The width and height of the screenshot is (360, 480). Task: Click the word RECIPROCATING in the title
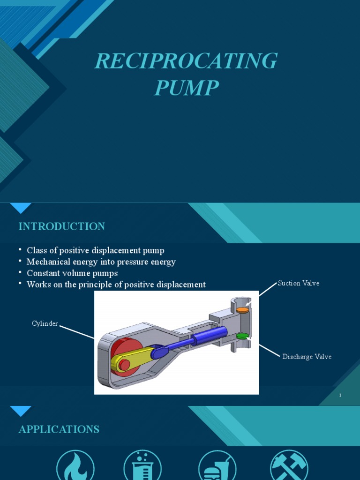(x=186, y=61)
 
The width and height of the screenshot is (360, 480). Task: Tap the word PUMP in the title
(x=186, y=88)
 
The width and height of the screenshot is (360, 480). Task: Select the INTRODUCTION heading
(x=61, y=226)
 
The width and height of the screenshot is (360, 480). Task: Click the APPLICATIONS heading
(x=59, y=429)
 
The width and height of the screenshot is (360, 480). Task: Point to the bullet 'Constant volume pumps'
(x=72, y=273)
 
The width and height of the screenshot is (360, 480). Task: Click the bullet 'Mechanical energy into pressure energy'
(x=101, y=262)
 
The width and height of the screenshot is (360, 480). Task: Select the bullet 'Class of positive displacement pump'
(x=95, y=250)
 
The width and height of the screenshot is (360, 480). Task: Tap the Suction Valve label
(x=298, y=283)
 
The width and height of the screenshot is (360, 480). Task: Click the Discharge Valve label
(x=307, y=357)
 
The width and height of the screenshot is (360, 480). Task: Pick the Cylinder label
(x=45, y=323)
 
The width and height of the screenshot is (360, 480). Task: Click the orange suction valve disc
(x=242, y=310)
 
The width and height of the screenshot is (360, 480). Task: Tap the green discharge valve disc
(x=242, y=336)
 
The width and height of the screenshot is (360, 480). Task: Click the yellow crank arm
(x=132, y=359)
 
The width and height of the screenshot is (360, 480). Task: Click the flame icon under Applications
(x=75, y=466)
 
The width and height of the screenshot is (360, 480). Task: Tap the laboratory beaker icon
(x=142, y=466)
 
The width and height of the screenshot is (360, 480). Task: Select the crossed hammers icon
(x=289, y=466)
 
